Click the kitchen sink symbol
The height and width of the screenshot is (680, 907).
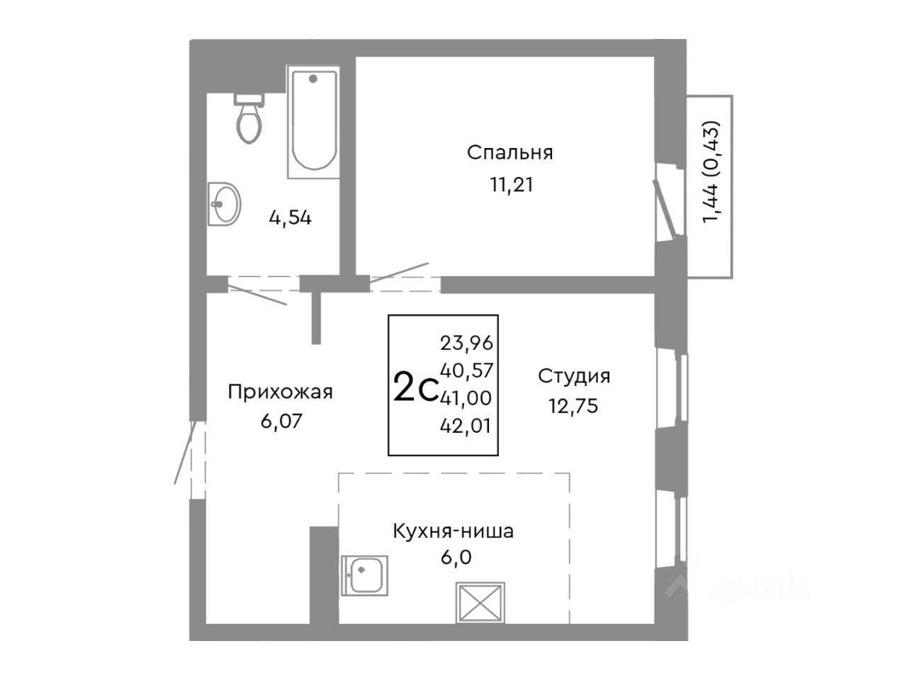tap(364, 574)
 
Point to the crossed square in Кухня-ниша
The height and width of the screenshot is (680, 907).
tap(481, 603)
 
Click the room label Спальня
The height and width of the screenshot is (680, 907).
tap(509, 152)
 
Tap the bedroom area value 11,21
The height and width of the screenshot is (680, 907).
tap(509, 185)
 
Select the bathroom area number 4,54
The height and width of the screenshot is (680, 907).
tap(290, 217)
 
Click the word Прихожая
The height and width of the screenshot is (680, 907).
tap(280, 392)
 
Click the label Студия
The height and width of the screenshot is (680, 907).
tap(574, 375)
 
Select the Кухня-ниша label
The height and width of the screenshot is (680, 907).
tap(453, 531)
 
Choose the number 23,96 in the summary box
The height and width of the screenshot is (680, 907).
tap(466, 344)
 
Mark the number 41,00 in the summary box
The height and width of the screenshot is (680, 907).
tap(466, 398)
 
